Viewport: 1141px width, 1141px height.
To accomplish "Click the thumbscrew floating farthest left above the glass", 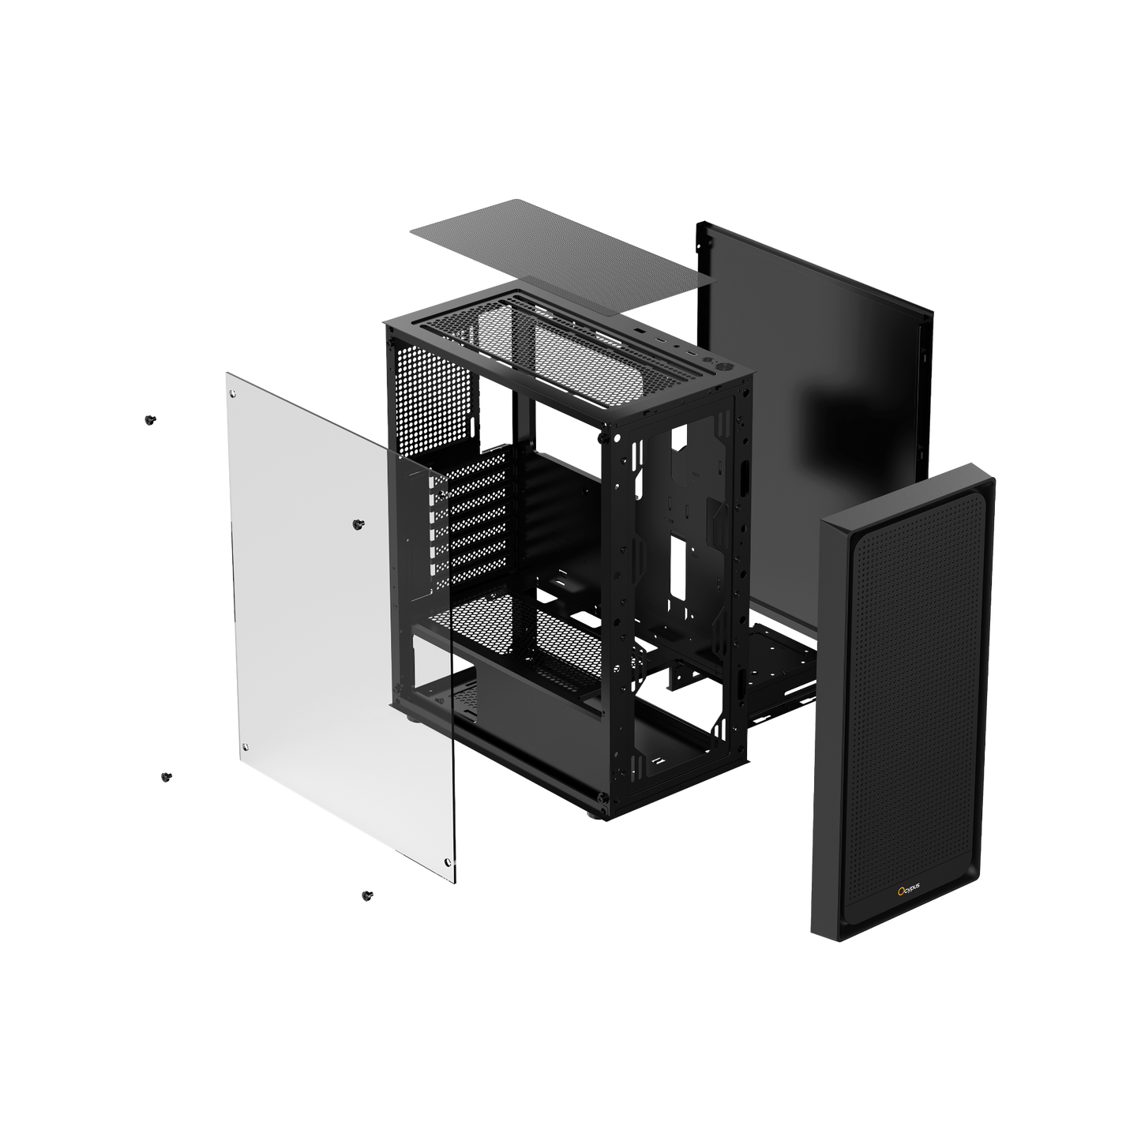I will tap(148, 420).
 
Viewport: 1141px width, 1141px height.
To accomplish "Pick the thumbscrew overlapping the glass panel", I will tap(360, 524).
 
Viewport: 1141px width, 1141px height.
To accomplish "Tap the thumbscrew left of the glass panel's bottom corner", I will tap(166, 777).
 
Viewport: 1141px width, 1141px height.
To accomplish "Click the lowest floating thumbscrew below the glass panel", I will tap(366, 895).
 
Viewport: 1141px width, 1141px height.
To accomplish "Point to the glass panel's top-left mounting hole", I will tap(235, 392).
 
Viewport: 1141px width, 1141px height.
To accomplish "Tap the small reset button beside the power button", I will tap(707, 359).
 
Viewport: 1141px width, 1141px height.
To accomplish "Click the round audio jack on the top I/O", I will tap(677, 346).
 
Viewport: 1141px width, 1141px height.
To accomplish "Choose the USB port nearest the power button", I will tap(692, 353).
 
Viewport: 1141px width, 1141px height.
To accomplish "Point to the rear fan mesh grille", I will tap(430, 395).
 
